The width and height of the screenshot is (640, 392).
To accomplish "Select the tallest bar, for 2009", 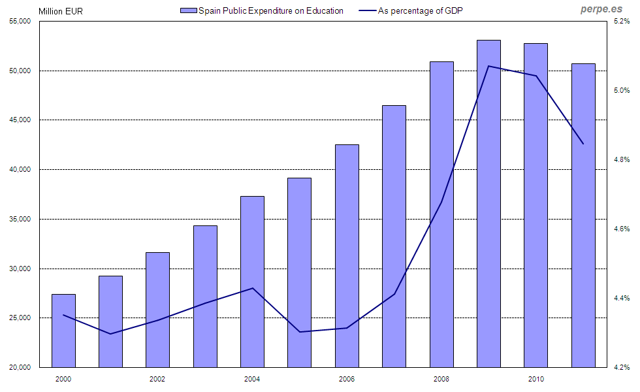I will coord(488,203).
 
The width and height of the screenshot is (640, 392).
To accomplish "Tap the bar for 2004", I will coord(252,282).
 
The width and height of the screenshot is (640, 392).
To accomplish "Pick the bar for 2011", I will coord(583,215).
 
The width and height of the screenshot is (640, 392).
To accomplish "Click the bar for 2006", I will coord(347,255).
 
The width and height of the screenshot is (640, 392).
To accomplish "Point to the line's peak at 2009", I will coord(488,66).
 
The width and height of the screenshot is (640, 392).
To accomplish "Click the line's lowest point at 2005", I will coord(300,332).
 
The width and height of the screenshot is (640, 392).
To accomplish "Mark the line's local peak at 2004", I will coord(252,288).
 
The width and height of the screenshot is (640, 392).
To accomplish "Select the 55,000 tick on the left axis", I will coord(22,22).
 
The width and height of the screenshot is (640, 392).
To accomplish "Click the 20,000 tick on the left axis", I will coord(22,368).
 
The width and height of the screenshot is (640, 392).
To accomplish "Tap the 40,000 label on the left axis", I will coord(22,170).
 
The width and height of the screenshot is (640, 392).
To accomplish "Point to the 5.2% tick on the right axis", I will coord(620,22).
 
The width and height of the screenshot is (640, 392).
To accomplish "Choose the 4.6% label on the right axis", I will coord(620,229).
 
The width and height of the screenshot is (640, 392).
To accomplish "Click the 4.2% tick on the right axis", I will coord(620,368).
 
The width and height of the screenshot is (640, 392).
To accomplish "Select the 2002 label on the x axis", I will coord(157,379).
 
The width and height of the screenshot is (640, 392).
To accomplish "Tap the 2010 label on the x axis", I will coord(536,379).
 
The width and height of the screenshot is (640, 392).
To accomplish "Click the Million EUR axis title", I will coord(61,11).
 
